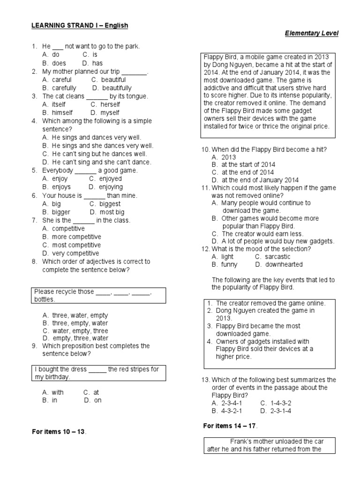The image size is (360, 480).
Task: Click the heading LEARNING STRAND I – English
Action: (80, 25)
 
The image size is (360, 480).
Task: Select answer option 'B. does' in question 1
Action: (54, 63)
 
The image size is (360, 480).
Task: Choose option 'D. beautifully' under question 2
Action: (112, 88)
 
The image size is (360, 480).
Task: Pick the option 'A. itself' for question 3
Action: (54, 104)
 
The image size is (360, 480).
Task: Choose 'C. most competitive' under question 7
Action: (71, 245)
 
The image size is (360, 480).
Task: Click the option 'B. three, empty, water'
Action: (75, 323)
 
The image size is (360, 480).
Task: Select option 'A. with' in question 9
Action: (53, 392)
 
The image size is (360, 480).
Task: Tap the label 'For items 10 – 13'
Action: (59, 431)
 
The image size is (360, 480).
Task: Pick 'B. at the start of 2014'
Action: (243, 165)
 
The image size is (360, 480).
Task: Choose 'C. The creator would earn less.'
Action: (257, 233)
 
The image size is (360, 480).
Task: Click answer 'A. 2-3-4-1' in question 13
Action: (227, 403)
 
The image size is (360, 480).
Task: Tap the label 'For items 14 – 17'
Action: (230, 426)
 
